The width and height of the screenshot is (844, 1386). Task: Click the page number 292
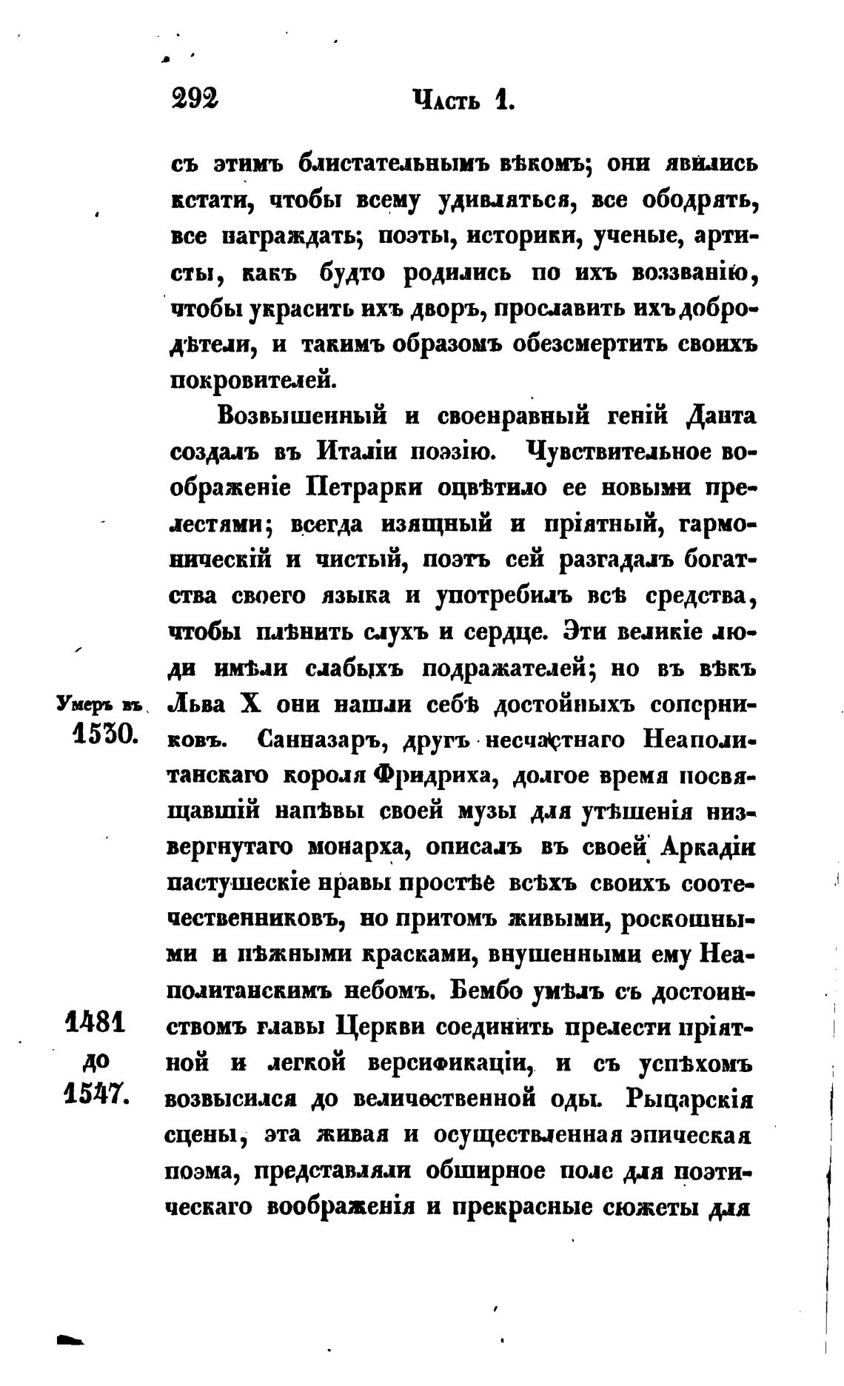195,98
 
